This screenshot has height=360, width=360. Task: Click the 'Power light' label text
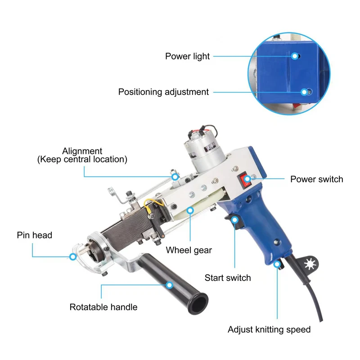click(187, 57)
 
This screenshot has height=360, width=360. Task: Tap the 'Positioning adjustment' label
click(163, 92)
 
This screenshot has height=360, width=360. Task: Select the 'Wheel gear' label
click(189, 250)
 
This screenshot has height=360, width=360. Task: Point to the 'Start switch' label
click(228, 278)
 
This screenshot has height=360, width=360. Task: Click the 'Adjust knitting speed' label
click(269, 330)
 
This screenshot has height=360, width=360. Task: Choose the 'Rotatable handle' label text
click(103, 307)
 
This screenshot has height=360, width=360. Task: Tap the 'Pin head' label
click(35, 235)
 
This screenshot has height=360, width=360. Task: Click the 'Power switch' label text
click(317, 179)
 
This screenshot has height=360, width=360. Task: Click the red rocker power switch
click(245, 180)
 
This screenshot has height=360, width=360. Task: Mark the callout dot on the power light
click(295, 56)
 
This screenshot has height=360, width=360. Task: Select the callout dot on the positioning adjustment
click(304, 92)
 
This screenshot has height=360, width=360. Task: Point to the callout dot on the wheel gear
click(190, 210)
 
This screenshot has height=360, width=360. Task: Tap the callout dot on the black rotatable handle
click(170, 285)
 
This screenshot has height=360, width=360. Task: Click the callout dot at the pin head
click(73, 256)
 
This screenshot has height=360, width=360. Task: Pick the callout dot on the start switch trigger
click(234, 220)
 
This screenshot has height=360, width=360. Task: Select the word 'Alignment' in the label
click(82, 151)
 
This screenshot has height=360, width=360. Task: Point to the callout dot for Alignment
click(175, 177)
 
